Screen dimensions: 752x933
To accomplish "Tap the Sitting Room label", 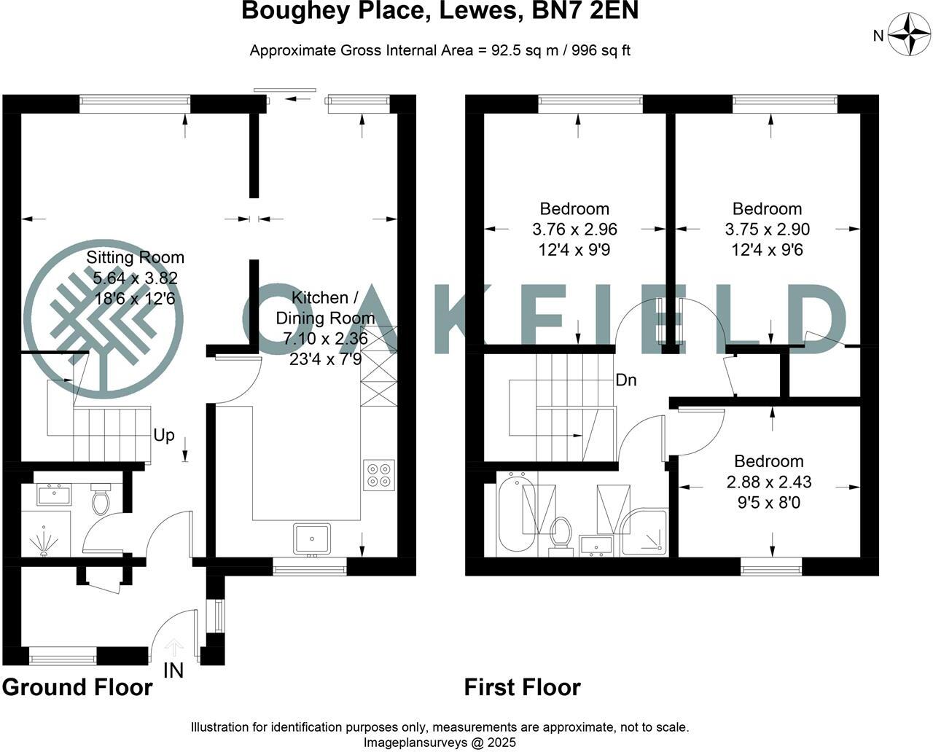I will click(135, 257).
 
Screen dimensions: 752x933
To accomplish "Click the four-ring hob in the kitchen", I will click(379, 474).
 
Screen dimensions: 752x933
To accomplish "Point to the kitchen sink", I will click(312, 538).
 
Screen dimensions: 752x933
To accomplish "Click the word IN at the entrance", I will click(173, 670).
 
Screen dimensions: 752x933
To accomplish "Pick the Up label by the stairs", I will click(164, 435).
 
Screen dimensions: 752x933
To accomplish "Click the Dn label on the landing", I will click(626, 380).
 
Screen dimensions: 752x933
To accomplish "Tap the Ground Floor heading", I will click(77, 687).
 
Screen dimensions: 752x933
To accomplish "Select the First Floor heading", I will click(523, 687).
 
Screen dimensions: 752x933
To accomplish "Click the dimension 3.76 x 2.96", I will click(574, 230).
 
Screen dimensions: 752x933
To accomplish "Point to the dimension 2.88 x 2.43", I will click(769, 482).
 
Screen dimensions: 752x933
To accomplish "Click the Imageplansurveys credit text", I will click(440, 743).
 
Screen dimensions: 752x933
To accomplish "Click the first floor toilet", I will click(561, 533).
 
